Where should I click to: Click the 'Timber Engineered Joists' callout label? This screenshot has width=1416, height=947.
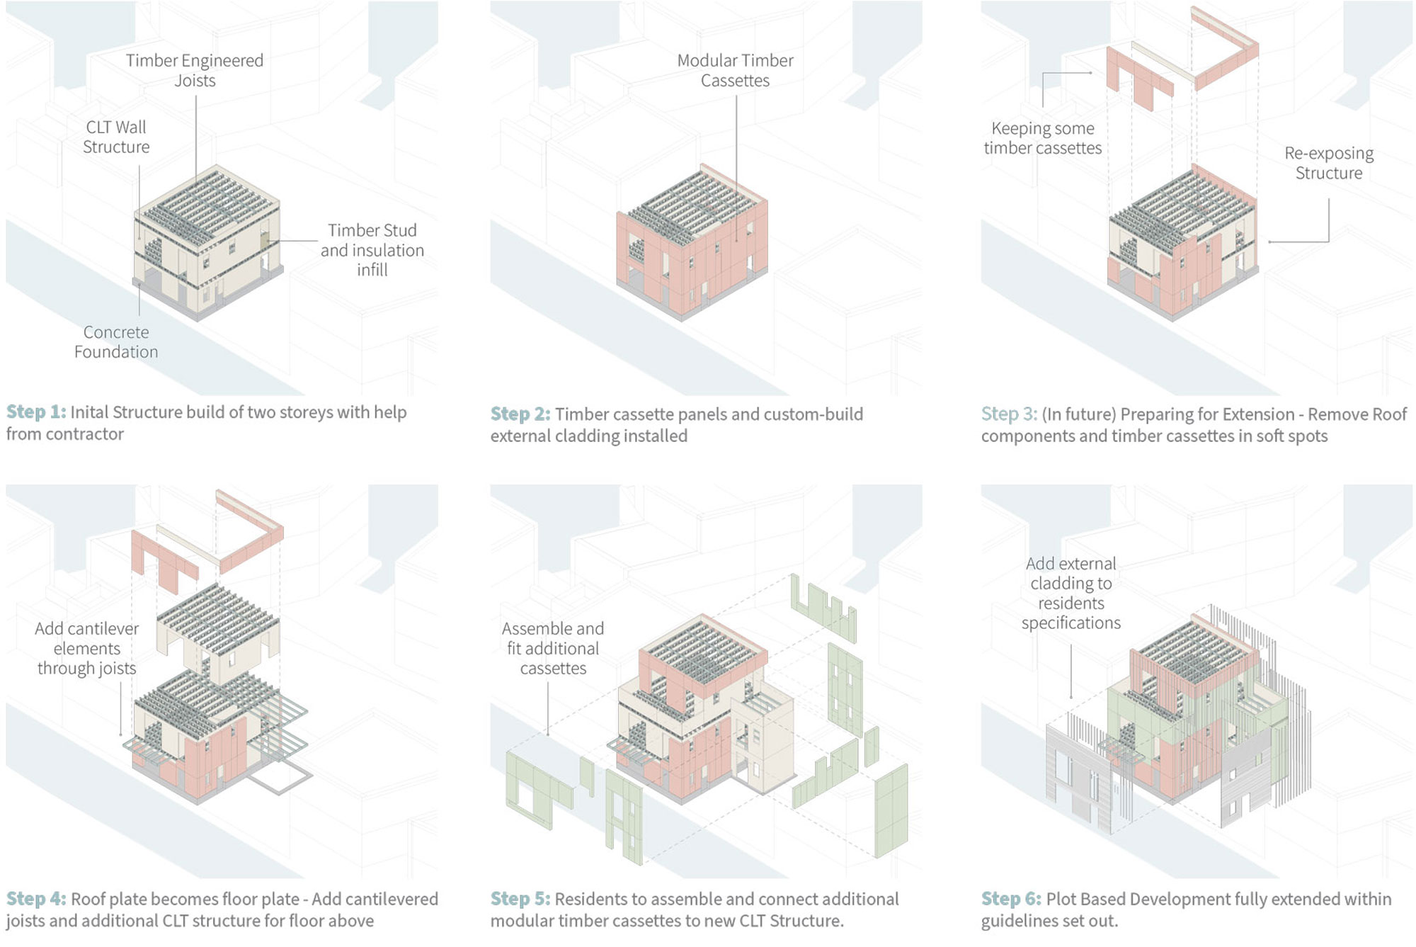click(195, 70)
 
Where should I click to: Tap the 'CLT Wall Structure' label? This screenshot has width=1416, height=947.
click(116, 137)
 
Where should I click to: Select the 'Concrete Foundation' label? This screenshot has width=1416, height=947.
click(116, 342)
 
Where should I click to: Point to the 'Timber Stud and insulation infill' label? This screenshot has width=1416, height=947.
click(372, 250)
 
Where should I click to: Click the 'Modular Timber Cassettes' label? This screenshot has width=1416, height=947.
click(736, 70)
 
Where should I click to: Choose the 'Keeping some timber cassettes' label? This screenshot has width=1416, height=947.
click(1043, 138)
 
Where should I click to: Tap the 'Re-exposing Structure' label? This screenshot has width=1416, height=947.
click(1329, 163)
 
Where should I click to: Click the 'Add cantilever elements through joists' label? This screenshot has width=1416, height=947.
click(87, 648)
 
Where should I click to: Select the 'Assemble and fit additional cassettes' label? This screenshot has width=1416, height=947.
click(553, 648)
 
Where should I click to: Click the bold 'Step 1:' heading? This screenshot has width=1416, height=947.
click(36, 412)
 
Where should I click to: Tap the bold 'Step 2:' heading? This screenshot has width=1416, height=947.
click(520, 414)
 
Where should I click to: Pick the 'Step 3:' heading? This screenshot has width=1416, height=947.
click(1010, 414)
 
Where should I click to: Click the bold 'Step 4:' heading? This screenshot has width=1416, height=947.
click(36, 899)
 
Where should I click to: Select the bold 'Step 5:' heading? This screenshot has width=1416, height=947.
click(520, 899)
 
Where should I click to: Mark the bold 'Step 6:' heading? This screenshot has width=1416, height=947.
click(1011, 899)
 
